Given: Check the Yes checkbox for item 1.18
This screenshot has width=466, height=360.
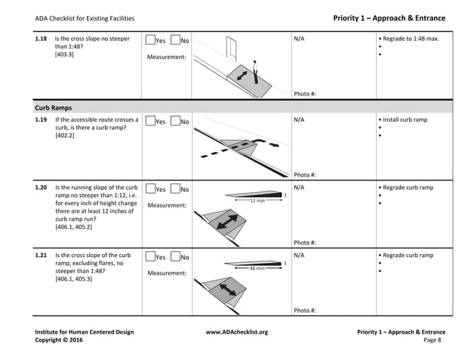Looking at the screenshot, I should (150, 40).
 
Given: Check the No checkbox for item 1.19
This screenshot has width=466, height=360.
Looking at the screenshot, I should (175, 121).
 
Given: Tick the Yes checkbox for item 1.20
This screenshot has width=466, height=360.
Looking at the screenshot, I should (150, 189).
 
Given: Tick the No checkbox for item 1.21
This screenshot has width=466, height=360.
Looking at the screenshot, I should (175, 257).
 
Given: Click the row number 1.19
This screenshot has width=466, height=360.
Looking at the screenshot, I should (42, 120).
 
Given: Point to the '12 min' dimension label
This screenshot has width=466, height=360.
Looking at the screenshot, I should (256, 200).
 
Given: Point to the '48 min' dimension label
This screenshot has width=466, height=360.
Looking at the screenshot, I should (256, 268).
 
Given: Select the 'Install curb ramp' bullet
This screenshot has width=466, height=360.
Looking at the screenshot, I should (405, 120).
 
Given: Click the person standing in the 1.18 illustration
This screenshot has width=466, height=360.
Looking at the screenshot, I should (256, 71).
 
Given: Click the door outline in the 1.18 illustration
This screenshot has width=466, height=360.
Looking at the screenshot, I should (233, 49).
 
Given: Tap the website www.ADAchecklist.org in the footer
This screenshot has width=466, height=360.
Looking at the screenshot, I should (237, 332).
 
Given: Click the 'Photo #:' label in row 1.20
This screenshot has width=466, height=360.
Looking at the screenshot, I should (305, 242).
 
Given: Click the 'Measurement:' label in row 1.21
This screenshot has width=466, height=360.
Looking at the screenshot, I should (167, 273).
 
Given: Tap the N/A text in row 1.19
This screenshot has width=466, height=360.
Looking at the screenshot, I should (299, 120).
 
